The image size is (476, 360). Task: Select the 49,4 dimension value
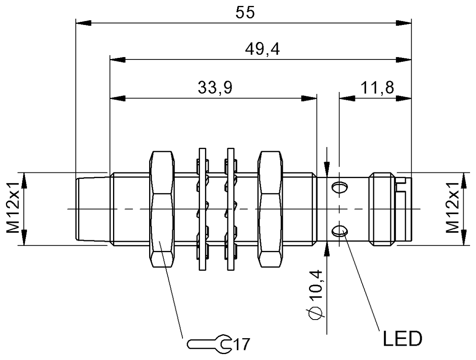click(x=262, y=49)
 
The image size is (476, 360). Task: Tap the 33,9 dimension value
click(x=215, y=88)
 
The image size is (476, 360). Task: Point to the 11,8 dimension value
click(x=377, y=88)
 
